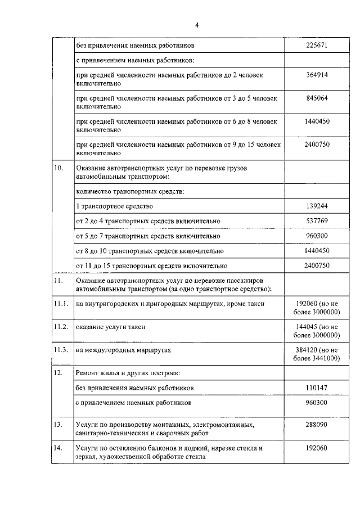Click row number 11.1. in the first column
pyautogui.click(x=61, y=304)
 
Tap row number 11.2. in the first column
pyautogui.click(x=61, y=327)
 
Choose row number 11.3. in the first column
pyautogui.click(x=61, y=350)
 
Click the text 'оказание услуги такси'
pyautogui.click(x=110, y=327)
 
